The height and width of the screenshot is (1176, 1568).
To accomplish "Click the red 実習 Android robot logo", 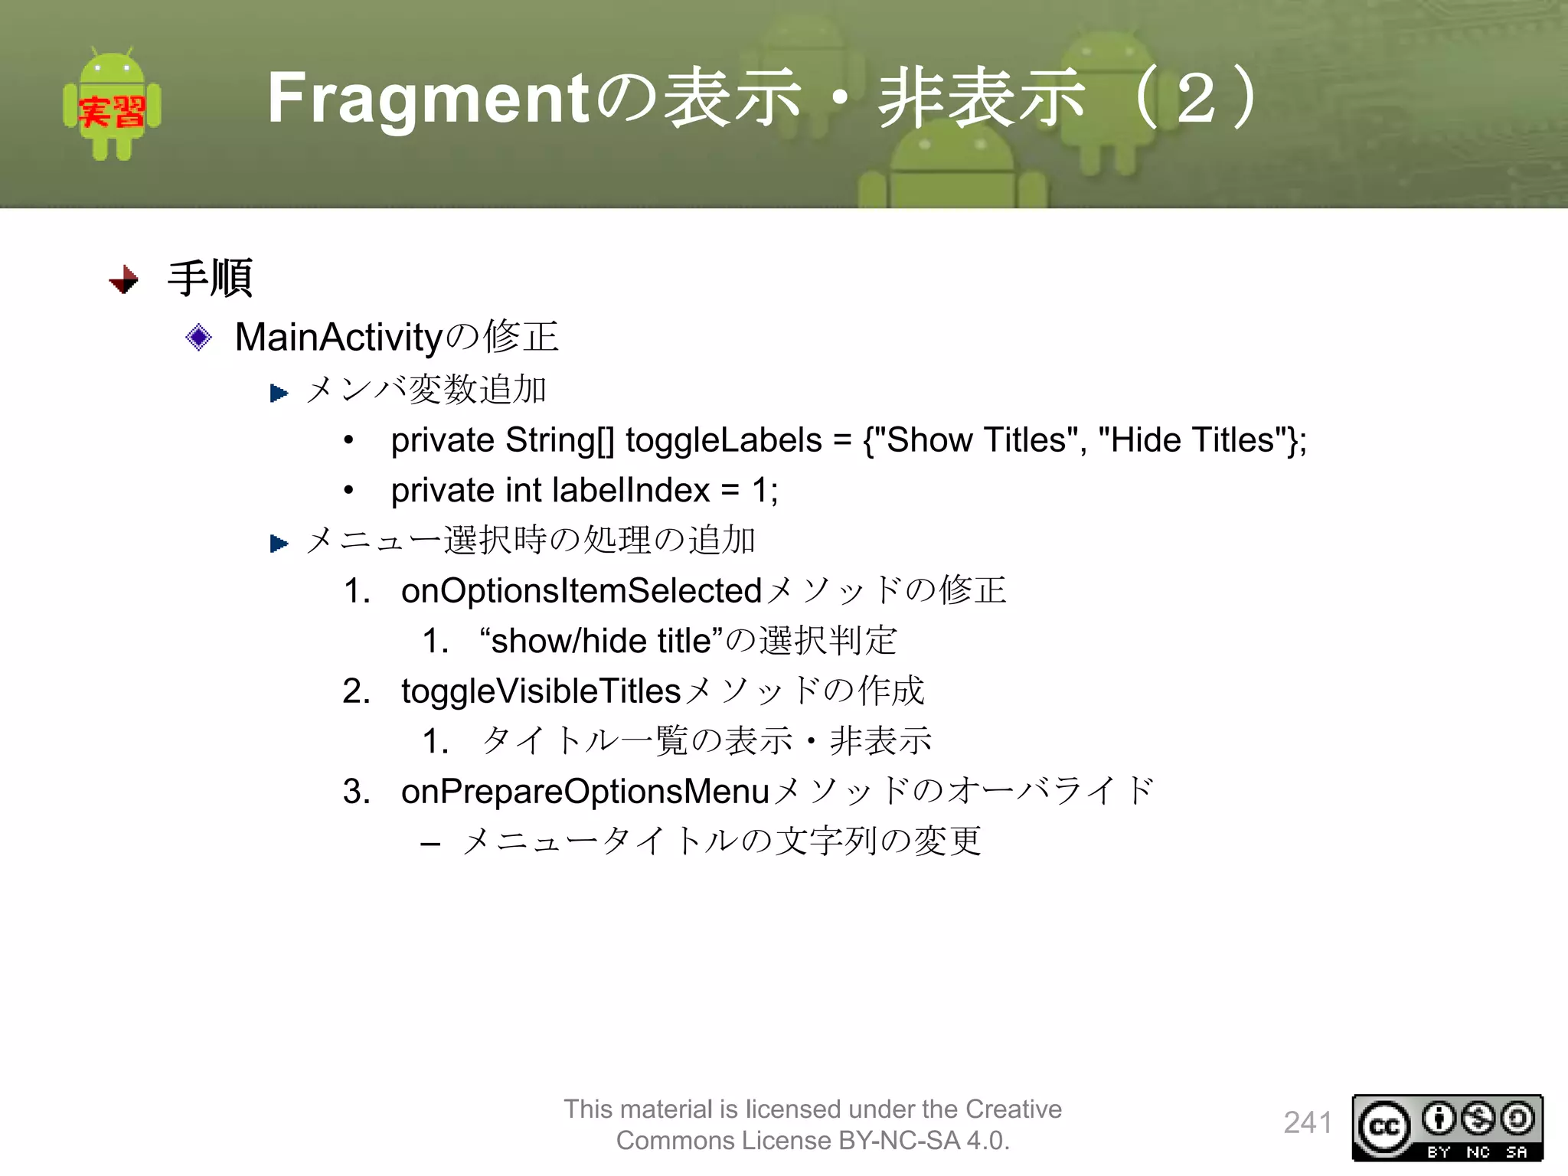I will click(x=112, y=105).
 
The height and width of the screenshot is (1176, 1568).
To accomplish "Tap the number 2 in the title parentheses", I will click(x=1196, y=98).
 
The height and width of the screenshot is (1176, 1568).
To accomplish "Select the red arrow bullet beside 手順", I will click(x=124, y=280).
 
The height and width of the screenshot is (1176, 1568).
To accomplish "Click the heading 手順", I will click(x=210, y=278).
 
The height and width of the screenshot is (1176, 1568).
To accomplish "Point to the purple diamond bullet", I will click(x=199, y=337).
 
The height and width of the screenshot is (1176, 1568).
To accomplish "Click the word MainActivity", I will click(x=338, y=338).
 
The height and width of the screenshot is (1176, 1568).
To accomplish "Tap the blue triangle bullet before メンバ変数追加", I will click(x=279, y=393).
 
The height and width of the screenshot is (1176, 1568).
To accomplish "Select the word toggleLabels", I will click(x=723, y=440).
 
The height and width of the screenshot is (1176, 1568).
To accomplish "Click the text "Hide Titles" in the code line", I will click(x=1191, y=440).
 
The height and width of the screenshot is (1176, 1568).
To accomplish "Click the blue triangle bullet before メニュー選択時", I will click(x=279, y=544).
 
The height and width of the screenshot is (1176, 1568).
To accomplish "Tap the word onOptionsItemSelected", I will click(x=581, y=591).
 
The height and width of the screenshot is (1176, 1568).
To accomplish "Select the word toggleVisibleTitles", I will click(x=541, y=691).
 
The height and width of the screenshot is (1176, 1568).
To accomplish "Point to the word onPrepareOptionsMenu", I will click(x=585, y=792).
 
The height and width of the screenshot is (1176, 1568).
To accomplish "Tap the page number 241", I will click(x=1307, y=1123).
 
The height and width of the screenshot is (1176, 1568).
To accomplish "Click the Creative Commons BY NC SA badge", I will click(x=1447, y=1128).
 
